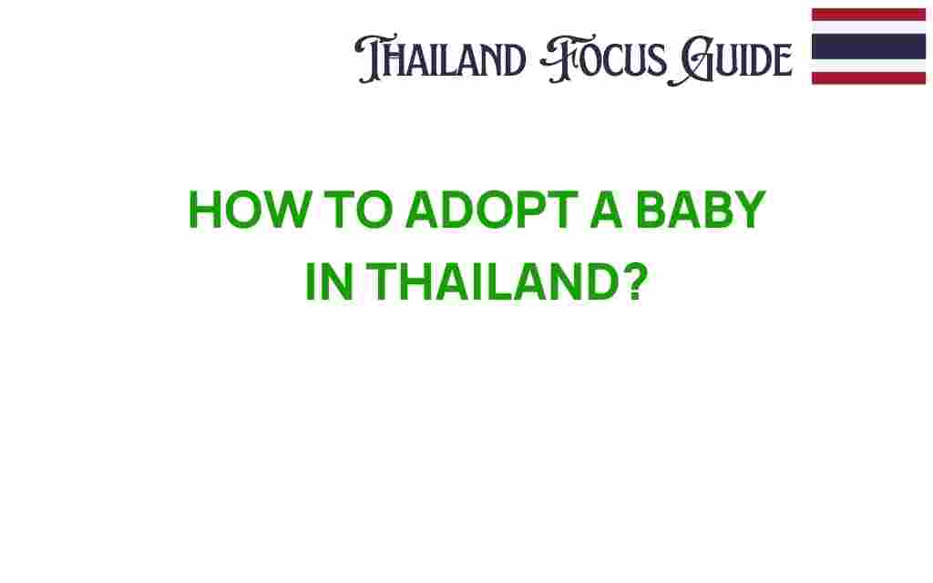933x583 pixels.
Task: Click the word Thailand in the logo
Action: (x=441, y=60)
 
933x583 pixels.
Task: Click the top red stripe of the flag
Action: (x=868, y=15)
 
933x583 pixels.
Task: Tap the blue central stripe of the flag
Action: (x=868, y=46)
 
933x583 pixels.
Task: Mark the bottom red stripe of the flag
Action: (x=868, y=78)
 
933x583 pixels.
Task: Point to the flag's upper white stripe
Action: (x=868, y=27)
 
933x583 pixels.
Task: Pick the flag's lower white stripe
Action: (x=868, y=66)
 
